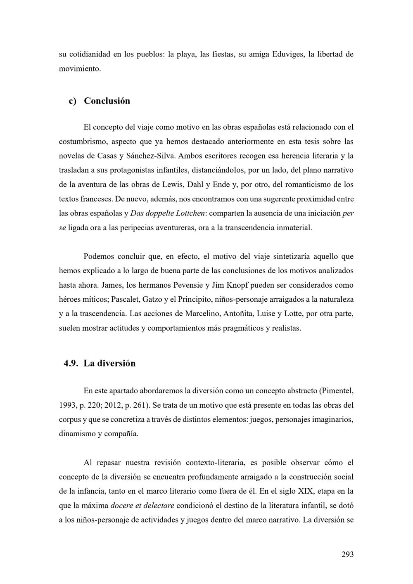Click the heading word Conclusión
(107, 101)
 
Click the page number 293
(347, 554)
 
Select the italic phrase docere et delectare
(142, 506)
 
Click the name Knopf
(242, 285)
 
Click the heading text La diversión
(109, 364)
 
